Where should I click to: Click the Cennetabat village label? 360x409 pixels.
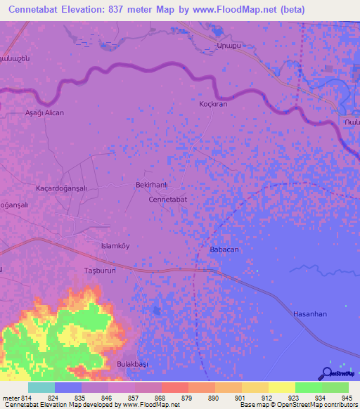click(167, 200)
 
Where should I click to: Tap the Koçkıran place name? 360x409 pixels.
click(213, 103)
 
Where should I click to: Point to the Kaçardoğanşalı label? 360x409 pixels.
click(60, 188)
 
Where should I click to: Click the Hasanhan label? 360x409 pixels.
click(310, 314)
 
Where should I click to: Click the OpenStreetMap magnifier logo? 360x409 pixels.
click(327, 374)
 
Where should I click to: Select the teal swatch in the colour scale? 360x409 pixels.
click(41, 387)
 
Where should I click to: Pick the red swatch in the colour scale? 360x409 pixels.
click(176, 387)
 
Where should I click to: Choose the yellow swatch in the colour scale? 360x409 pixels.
click(281, 387)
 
